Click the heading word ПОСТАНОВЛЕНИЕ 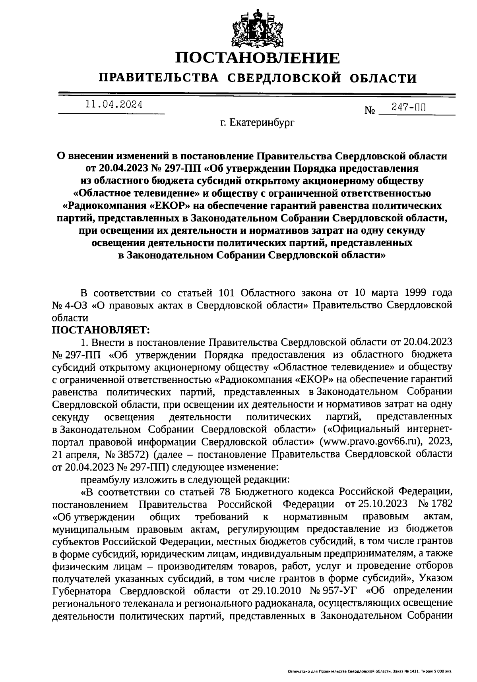[258, 58]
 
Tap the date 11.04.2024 [114, 105]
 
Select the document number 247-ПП [407, 107]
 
